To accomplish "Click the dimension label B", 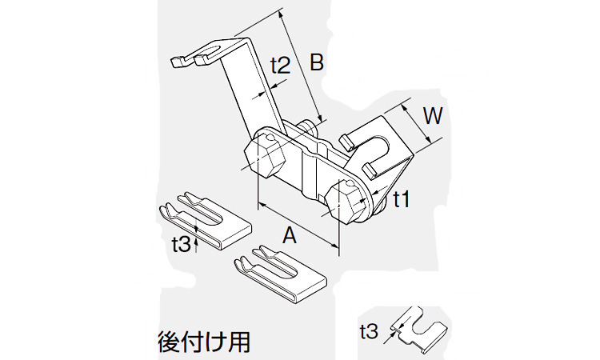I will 317,63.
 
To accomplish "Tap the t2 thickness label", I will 279,66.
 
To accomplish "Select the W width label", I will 431,117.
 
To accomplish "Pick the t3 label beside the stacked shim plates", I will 182,243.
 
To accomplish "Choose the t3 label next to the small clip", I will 370,329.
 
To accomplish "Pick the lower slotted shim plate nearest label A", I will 280,273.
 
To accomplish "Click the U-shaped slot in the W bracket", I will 376,148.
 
